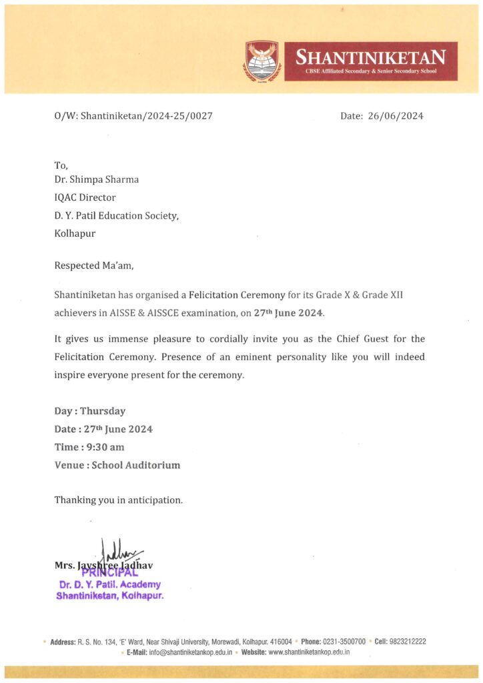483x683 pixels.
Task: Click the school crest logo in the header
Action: (x=262, y=61)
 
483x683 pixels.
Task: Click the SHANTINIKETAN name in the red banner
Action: (x=371, y=56)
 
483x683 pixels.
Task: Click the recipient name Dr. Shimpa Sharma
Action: (x=97, y=179)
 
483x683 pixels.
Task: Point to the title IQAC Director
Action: (x=85, y=197)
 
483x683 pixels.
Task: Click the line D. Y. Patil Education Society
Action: (x=116, y=215)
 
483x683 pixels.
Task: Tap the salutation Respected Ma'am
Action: (x=93, y=265)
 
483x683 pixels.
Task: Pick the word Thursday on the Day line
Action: (x=103, y=411)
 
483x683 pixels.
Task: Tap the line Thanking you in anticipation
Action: (x=118, y=500)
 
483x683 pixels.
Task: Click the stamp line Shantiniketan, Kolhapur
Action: (x=109, y=595)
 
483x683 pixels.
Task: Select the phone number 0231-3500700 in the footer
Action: (x=343, y=642)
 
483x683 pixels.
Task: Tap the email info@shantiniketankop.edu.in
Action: (x=189, y=652)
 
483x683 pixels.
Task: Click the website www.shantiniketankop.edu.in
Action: (x=309, y=652)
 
